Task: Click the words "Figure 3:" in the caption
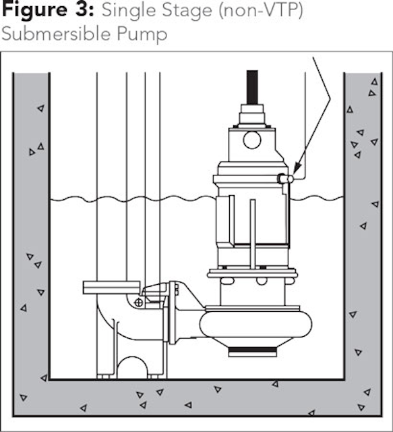tap(48, 11)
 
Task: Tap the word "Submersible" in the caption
tap(55, 34)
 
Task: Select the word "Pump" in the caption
tap(142, 34)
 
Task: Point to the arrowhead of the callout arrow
tap(297, 168)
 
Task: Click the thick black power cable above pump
tap(252, 87)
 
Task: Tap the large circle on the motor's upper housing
tap(252, 140)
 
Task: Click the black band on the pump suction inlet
tap(253, 350)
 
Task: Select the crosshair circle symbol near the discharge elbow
tap(139, 303)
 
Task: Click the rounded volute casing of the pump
tap(256, 325)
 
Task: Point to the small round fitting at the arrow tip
tap(290, 179)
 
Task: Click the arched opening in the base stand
tap(132, 367)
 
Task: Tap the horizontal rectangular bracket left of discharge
tap(112, 288)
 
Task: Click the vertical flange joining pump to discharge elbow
tap(172, 313)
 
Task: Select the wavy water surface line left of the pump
tap(133, 198)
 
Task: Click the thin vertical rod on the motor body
tap(253, 234)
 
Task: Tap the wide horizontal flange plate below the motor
tap(252, 274)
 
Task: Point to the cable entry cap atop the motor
tap(252, 114)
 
